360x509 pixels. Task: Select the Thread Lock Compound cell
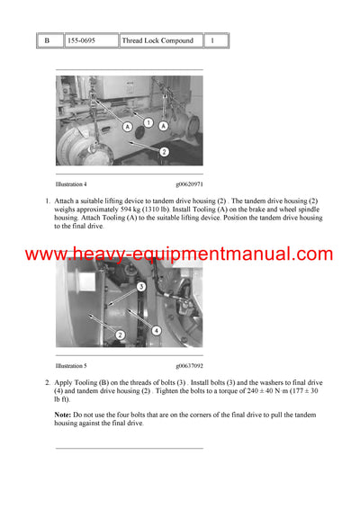[x=158, y=40]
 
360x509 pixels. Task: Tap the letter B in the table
[x=48, y=40]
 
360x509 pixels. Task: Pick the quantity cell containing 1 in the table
[x=213, y=40]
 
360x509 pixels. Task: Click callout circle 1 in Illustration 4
[x=149, y=122]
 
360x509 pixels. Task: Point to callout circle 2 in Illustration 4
[x=164, y=152]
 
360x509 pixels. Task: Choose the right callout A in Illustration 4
[x=163, y=126]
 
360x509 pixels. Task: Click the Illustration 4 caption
[x=72, y=183]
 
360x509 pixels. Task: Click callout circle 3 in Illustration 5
[x=142, y=286]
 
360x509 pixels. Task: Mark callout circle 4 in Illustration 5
[x=157, y=329]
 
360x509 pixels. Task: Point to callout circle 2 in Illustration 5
[x=119, y=335]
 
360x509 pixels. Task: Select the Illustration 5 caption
[x=72, y=366]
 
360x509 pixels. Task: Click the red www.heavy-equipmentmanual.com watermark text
[x=179, y=255]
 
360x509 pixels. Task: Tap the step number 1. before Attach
[x=47, y=200]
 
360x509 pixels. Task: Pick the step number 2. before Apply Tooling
[x=47, y=382]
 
